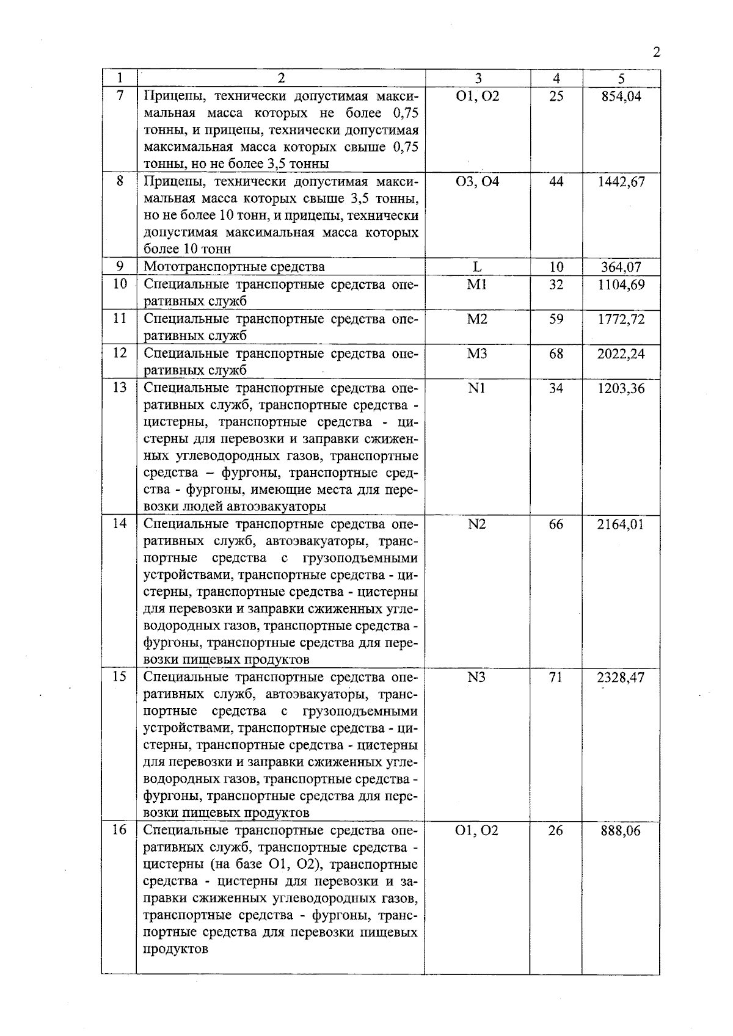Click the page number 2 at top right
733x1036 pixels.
pos(657,52)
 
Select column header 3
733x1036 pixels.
pos(478,78)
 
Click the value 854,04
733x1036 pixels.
pos(621,96)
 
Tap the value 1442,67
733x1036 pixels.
pos(621,182)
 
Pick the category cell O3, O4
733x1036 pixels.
pos(477,182)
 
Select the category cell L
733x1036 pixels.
pos(477,267)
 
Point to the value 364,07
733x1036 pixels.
pos(621,267)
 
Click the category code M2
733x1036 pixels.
pos(477,319)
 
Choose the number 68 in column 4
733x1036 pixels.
pos(556,354)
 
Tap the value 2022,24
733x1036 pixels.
pos(621,354)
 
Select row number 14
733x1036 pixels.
pos(120,524)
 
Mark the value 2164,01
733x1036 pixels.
pos(621,524)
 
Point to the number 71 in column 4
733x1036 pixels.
pos(555,678)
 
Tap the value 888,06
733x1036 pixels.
pos(621,831)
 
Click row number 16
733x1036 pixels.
pos(120,830)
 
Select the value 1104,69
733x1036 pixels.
pos(621,284)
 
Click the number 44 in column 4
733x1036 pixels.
pos(556,182)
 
